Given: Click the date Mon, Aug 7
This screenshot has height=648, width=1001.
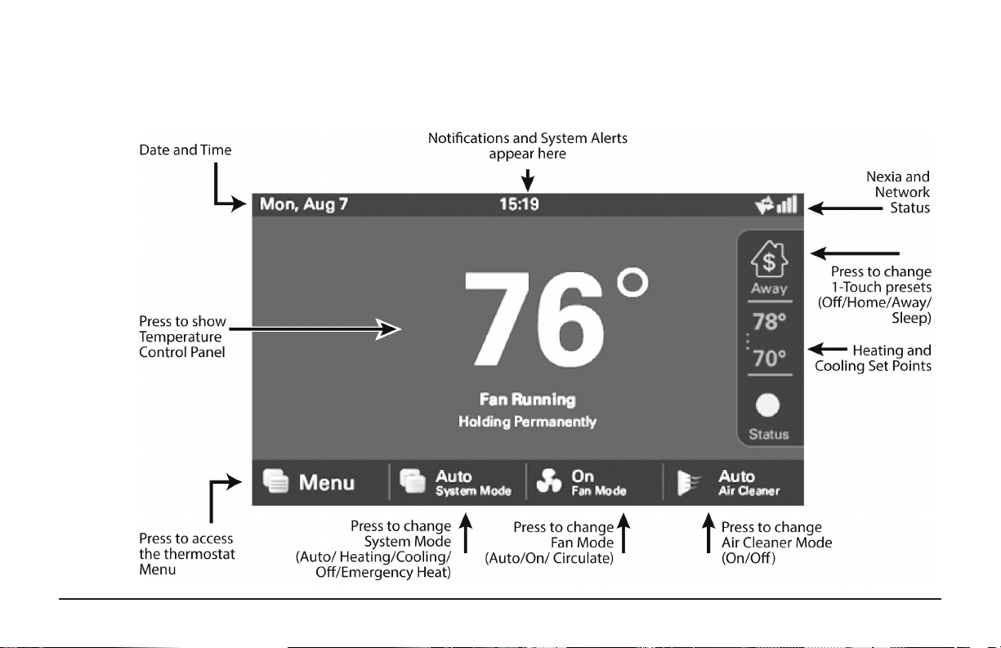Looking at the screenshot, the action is click(304, 204).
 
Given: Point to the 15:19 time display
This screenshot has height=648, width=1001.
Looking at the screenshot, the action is click(519, 204).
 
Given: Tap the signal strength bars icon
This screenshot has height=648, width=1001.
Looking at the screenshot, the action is click(787, 204).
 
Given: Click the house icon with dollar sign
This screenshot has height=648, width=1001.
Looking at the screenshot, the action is click(769, 259).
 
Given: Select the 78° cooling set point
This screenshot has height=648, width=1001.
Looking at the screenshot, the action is click(769, 321).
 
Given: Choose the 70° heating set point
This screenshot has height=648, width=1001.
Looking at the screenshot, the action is click(769, 358).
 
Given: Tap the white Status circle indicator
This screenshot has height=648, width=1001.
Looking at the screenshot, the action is click(768, 404).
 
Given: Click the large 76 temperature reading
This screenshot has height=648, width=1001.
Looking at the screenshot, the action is click(534, 318).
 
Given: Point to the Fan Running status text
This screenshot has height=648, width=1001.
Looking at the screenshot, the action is click(528, 400).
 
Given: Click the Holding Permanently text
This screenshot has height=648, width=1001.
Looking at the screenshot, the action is click(528, 422).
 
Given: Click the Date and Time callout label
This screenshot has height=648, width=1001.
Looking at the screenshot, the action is click(185, 150).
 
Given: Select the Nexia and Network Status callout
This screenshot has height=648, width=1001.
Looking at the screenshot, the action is click(898, 192).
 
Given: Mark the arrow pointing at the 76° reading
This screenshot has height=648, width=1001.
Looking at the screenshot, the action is click(315, 329).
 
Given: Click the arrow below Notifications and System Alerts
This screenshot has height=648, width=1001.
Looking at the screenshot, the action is click(528, 180).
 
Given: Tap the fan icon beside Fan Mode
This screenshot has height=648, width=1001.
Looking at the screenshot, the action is click(549, 481).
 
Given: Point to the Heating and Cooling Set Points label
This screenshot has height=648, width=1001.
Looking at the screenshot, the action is click(874, 358).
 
